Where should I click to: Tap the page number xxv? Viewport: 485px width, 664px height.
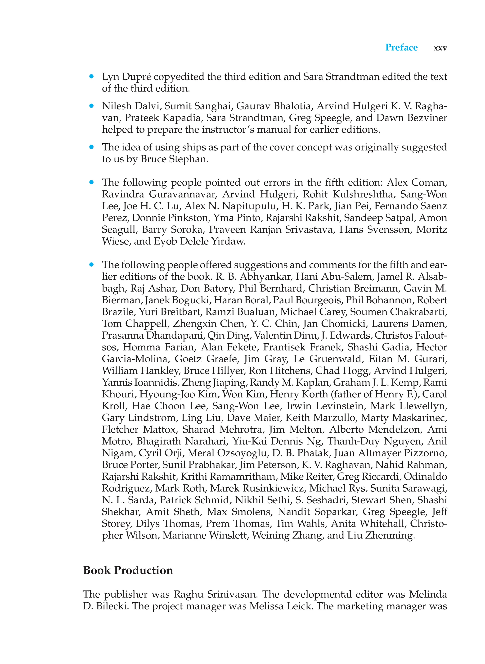440,48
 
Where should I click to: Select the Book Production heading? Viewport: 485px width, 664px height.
128,570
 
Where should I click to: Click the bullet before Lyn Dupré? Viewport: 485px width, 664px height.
92,77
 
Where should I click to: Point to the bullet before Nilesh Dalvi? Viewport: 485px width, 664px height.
92,106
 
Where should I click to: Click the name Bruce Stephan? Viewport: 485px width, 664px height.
174,159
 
